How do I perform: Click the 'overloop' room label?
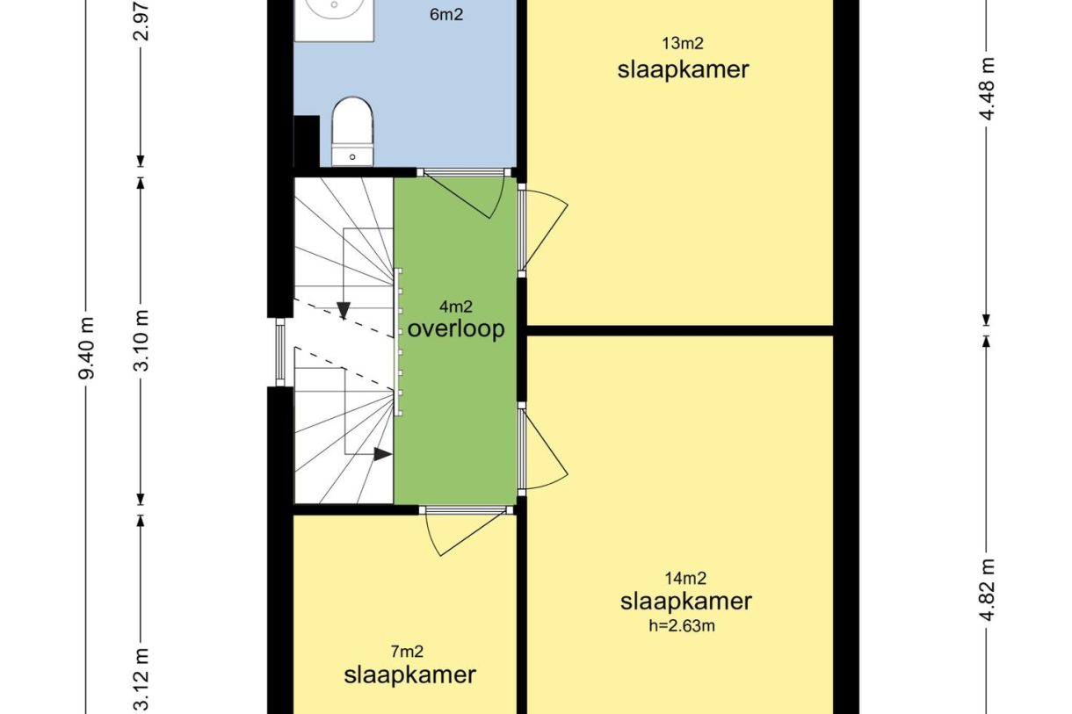coord(455,329)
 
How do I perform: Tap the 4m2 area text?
coord(455,307)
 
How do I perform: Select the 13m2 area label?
coord(683,44)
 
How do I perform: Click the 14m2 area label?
coord(685,579)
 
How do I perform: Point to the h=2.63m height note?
coord(682,625)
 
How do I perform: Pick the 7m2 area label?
coord(407,652)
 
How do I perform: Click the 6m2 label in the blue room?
coord(446,15)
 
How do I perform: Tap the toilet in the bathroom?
coord(352,132)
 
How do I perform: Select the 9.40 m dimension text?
coord(87,348)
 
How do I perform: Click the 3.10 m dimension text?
coord(141,341)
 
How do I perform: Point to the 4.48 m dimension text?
coord(986,89)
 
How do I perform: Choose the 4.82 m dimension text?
coord(986,589)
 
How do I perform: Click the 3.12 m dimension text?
coord(141,681)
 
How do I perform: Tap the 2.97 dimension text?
coord(141,20)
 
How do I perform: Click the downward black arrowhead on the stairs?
coord(344,311)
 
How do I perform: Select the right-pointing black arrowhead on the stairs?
coord(382,454)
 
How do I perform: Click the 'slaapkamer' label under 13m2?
coord(683,70)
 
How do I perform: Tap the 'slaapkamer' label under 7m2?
coord(409,674)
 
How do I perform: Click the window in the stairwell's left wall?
coord(280,352)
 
